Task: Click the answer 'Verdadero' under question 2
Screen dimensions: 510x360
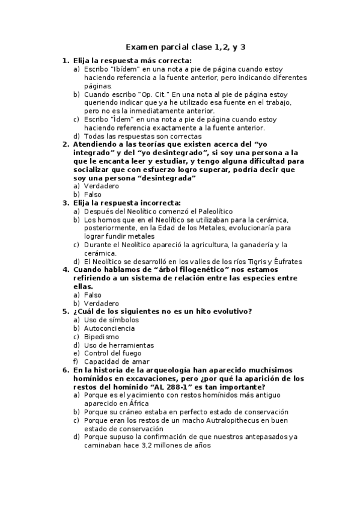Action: coord(102,186)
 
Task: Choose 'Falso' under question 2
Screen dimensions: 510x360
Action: coord(93,194)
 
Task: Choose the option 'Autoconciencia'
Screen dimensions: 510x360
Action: coord(109,328)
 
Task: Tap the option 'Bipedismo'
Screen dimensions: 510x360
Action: coord(101,337)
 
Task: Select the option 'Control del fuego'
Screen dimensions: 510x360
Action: coord(114,354)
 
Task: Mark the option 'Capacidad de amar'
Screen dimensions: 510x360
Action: coord(116,361)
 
